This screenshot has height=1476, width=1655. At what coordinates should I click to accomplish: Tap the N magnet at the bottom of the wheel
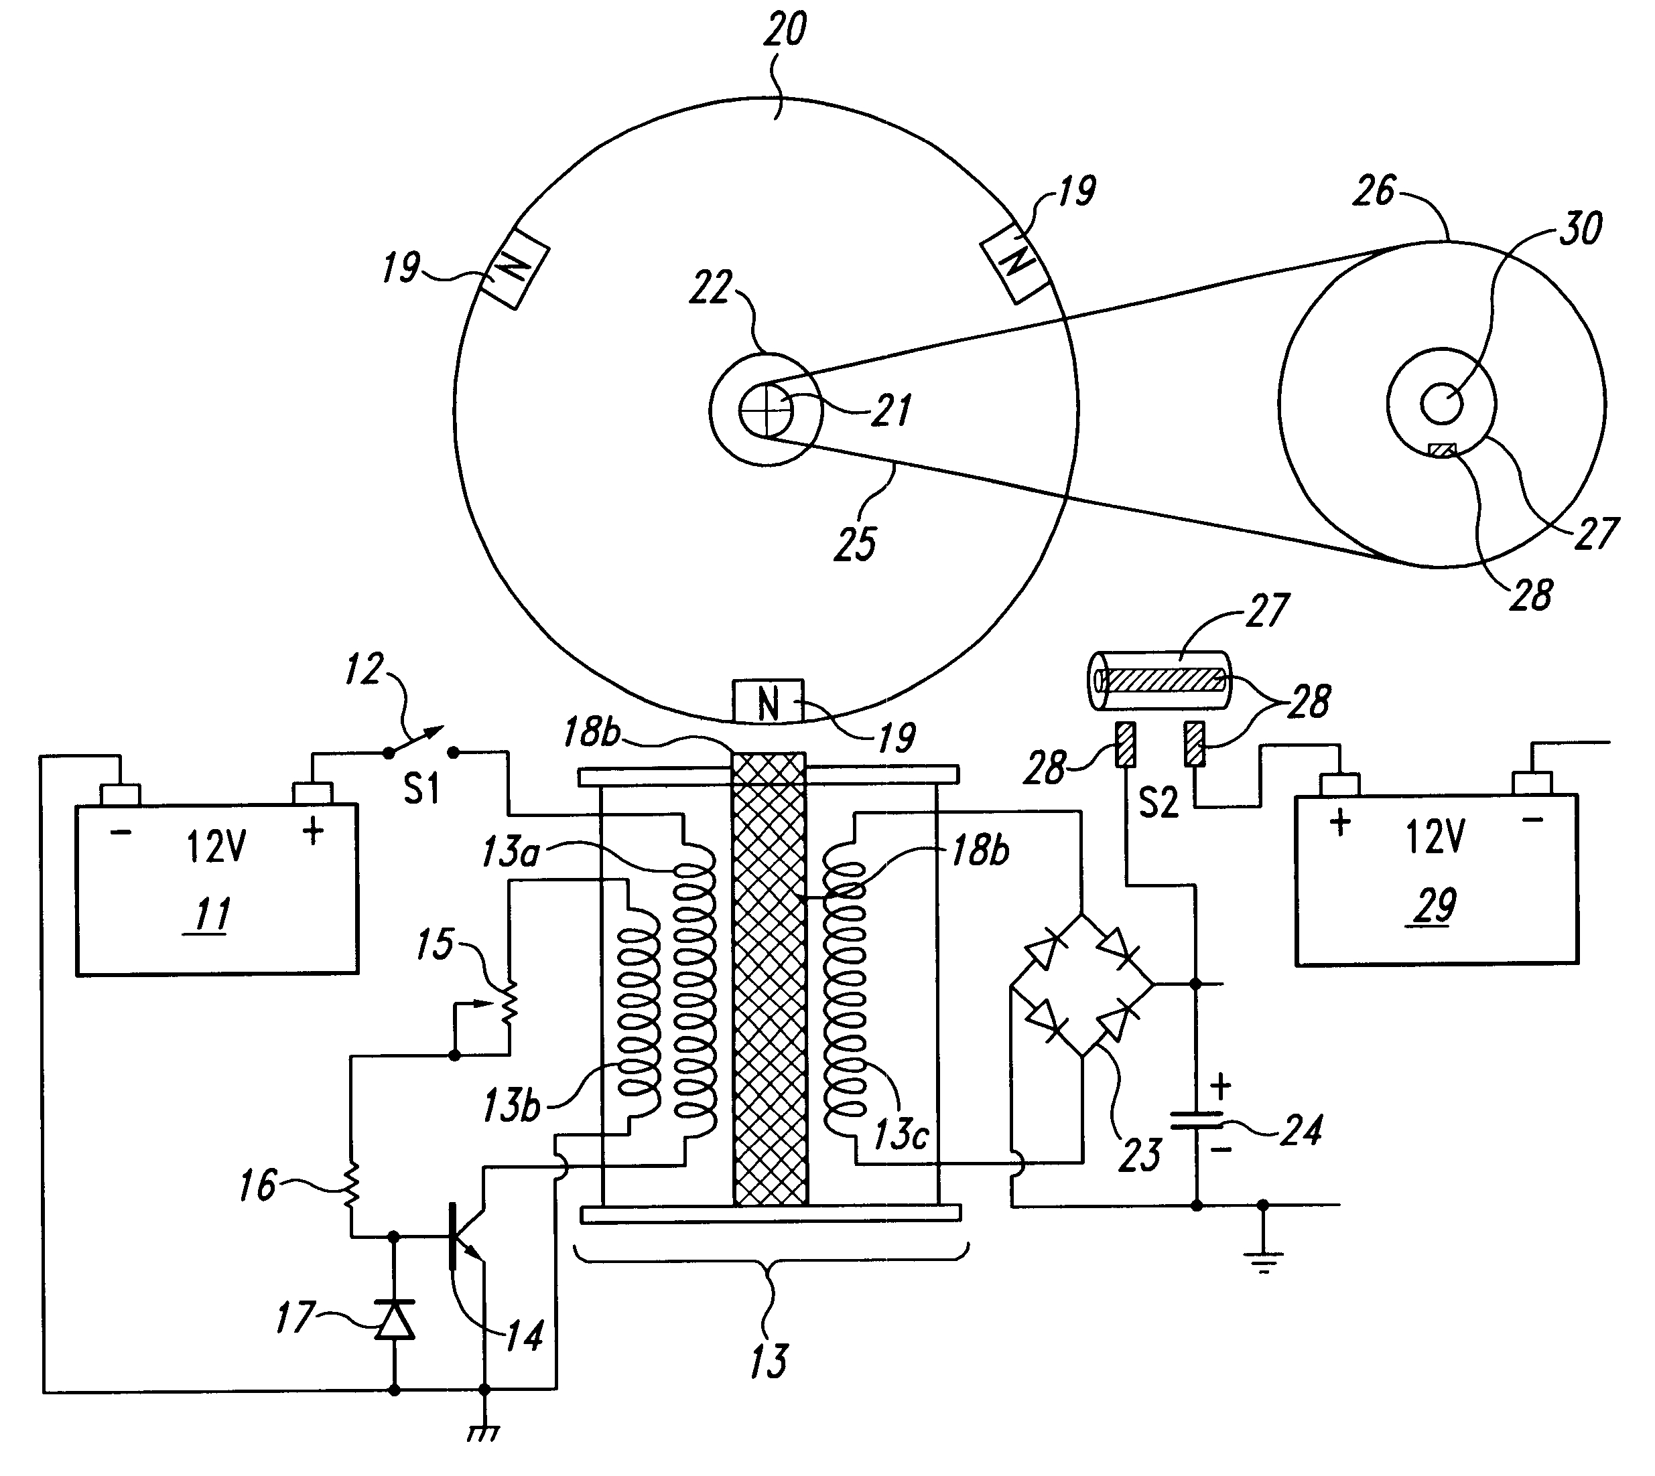(767, 702)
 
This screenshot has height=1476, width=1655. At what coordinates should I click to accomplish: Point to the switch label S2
(1158, 802)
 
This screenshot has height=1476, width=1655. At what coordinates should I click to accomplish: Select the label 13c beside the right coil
(900, 1134)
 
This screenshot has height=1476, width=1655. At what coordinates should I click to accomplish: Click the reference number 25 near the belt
(855, 543)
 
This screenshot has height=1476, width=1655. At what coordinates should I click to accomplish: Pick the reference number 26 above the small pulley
(1374, 192)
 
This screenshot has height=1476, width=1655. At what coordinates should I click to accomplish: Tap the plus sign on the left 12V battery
(312, 830)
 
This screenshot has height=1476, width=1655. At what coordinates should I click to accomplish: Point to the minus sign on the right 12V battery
(1532, 820)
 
